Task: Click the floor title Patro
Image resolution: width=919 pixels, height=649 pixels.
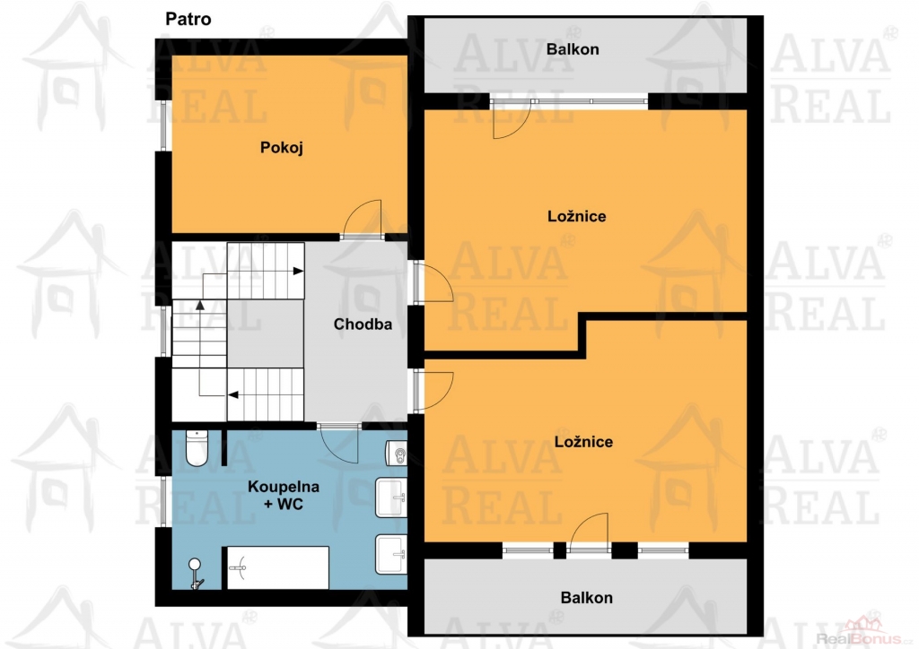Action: point(188,20)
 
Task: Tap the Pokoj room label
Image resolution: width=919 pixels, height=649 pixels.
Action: point(281,148)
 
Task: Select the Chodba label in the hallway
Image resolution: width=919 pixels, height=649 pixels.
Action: point(363,324)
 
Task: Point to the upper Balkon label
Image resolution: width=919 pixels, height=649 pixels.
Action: point(573,49)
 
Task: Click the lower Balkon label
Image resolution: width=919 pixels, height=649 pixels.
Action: point(587,598)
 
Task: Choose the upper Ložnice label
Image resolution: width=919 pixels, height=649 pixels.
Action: point(577,217)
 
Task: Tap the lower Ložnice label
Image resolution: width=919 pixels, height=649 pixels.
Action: point(583,442)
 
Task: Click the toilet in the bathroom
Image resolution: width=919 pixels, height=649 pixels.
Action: point(197,448)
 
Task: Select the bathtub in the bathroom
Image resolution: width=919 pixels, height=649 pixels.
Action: point(278,567)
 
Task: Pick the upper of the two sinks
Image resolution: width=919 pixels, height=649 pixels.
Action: point(391,498)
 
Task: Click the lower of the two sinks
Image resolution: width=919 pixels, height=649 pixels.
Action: point(391,554)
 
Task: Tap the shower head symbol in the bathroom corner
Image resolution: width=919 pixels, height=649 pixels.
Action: point(195,573)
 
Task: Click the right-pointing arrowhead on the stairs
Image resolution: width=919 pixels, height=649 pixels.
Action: point(298,271)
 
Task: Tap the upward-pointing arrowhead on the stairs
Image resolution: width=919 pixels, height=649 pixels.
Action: point(200,305)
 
